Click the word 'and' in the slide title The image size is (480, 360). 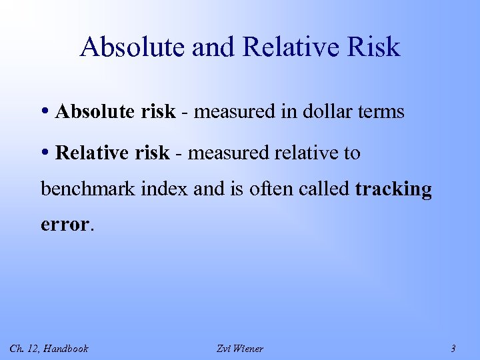coord(207,47)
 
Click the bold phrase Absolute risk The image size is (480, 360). coord(115,112)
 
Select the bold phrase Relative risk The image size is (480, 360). coord(112,153)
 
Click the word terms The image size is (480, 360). coord(382,112)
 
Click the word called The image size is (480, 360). coord(323,189)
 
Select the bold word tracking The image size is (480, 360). coord(393,189)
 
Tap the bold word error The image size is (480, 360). coord(65,225)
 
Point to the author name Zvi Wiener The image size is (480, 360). coord(240,348)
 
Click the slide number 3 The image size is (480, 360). coord(453,348)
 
